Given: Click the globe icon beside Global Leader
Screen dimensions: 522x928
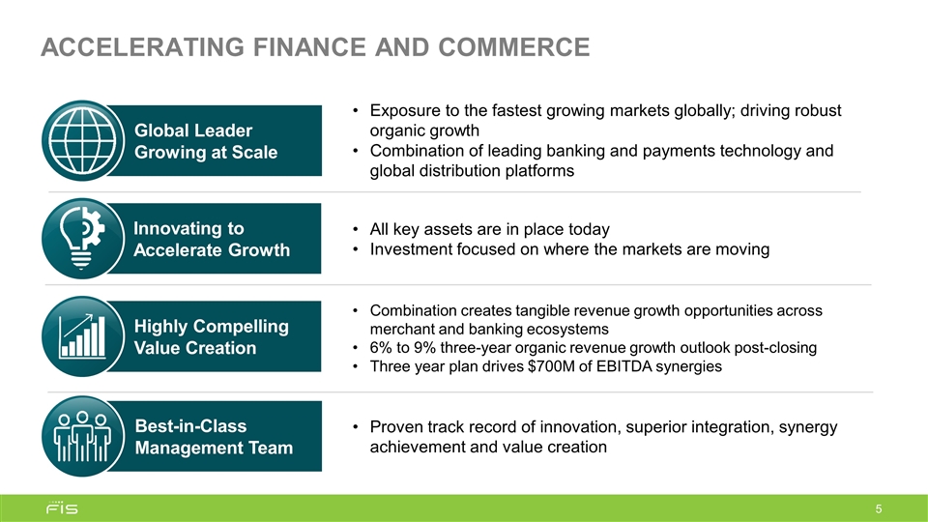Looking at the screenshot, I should tap(82, 141).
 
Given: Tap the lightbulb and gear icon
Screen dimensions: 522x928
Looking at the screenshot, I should tap(82, 240).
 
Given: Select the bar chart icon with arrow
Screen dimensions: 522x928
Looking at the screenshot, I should tap(82, 335).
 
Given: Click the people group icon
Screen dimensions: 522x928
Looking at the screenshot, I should tap(82, 436).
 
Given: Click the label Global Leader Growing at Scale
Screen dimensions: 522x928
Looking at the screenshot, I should tap(205, 141).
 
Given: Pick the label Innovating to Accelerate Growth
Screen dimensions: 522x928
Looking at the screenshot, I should tap(211, 240).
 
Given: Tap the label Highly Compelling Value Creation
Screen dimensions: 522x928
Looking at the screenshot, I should tap(211, 335).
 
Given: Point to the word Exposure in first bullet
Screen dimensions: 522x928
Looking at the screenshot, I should tap(407, 110).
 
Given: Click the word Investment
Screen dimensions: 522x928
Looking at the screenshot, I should tap(411, 249).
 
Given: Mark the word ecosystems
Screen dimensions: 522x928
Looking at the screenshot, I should tap(569, 329).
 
